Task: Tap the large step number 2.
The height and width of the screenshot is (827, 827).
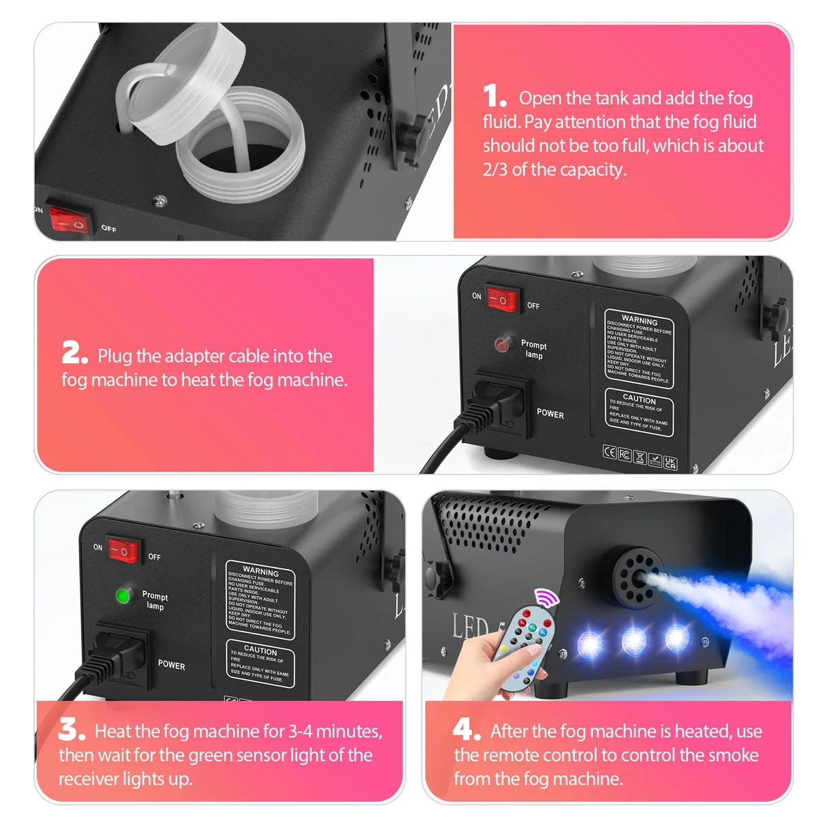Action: point(74,353)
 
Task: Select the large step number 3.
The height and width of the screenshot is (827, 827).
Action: point(72,729)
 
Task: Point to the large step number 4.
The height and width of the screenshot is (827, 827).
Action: point(467,729)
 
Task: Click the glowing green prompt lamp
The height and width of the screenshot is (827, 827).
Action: point(123,596)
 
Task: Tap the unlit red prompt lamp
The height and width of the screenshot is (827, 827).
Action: point(503,344)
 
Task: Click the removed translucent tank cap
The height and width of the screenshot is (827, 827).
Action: point(181,82)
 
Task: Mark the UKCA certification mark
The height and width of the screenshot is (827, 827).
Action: point(670,463)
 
